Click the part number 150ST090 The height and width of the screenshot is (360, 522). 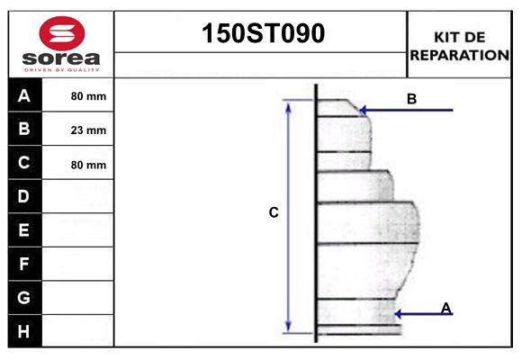point(261,34)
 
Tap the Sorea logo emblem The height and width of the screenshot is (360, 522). point(61,35)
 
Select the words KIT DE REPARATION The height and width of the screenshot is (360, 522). point(460,46)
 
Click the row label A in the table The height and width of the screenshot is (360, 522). point(24,95)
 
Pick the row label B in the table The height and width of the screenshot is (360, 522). point(24,129)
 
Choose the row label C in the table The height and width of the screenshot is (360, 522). point(24,163)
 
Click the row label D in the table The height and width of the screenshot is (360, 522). point(24,196)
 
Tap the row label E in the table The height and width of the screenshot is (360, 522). point(24,230)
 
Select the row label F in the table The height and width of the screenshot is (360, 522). point(24,264)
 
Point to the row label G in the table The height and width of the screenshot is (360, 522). point(24,297)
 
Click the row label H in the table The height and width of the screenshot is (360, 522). point(24,330)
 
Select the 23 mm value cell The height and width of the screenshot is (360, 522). point(88,130)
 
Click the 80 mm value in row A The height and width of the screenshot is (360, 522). point(88,96)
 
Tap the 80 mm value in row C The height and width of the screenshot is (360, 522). point(88,165)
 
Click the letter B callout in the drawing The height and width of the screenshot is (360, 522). point(411,99)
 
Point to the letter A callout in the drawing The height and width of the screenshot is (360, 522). point(445,308)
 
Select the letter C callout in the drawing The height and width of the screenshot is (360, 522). point(274,213)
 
